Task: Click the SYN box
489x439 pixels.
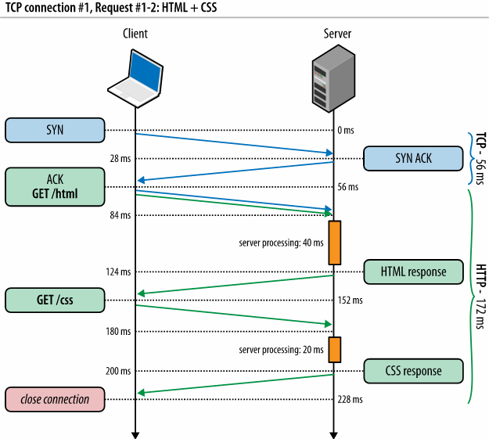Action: (55, 130)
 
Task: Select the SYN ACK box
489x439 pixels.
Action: (413, 158)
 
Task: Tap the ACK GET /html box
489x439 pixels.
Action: (55, 186)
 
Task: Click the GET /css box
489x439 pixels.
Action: (55, 299)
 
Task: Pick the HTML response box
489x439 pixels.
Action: (413, 272)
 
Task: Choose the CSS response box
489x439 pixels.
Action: (413, 371)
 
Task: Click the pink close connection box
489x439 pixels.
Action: (55, 399)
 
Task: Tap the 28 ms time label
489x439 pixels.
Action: (120, 159)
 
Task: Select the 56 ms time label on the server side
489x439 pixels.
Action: (348, 187)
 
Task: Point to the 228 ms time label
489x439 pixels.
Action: (351, 399)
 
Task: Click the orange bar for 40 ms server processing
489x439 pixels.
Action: (335, 243)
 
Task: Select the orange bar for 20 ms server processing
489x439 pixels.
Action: (335, 349)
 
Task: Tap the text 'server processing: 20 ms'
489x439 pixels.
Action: (281, 349)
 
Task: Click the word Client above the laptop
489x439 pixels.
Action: (135, 34)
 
